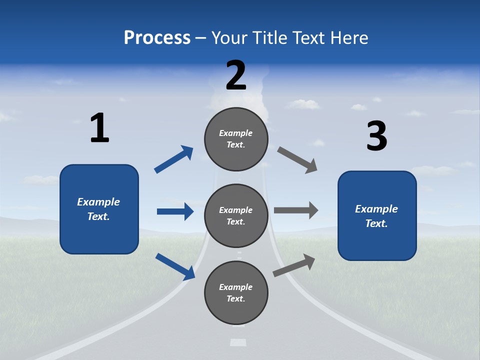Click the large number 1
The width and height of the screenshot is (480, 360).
[99, 128]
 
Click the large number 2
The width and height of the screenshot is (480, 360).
[236, 75]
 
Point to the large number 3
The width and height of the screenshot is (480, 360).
[376, 136]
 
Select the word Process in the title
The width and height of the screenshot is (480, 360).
[157, 37]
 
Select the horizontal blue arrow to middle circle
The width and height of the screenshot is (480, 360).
[175, 211]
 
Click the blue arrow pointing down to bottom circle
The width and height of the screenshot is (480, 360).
[175, 266]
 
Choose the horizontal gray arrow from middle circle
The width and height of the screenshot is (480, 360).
[296, 210]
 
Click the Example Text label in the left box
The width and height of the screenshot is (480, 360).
[98, 209]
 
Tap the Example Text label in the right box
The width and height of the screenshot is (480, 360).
[376, 216]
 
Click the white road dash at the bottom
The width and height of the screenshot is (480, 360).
[238, 342]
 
